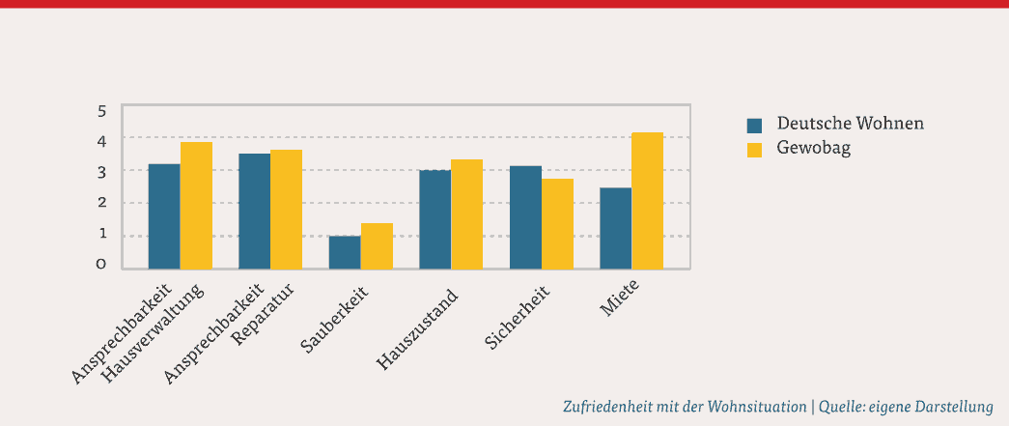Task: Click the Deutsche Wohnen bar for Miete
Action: click(x=615, y=228)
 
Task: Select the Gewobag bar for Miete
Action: click(x=647, y=201)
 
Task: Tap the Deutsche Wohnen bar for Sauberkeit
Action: click(x=345, y=252)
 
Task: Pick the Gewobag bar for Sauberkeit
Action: click(x=377, y=245)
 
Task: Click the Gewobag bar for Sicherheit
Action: click(x=557, y=223)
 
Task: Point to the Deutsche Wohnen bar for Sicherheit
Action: click(x=525, y=217)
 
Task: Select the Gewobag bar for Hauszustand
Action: click(x=466, y=213)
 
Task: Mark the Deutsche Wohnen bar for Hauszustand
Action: click(x=434, y=219)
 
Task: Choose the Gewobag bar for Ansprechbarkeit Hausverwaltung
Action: click(x=196, y=205)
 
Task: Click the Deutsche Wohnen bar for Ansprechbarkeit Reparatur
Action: click(x=255, y=211)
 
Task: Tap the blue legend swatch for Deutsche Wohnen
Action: click(x=755, y=125)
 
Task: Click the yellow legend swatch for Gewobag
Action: click(x=755, y=149)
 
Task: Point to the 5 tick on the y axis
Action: click(x=102, y=110)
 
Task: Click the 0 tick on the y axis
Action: click(x=102, y=265)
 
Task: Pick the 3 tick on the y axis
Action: click(x=102, y=172)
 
